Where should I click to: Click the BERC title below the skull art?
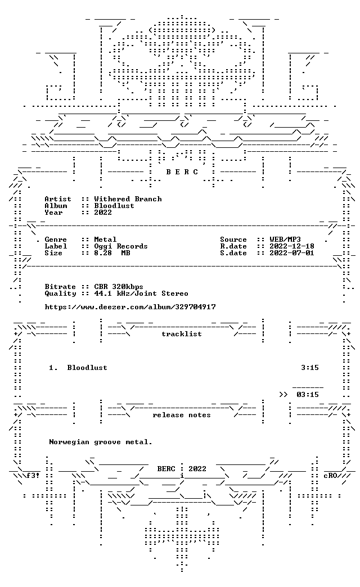coord(182,172)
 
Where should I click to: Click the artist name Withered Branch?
coord(128,199)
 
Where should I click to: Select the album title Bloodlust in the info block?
coord(114,206)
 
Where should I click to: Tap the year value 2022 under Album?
coord(103,213)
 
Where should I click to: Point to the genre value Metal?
coord(105,239)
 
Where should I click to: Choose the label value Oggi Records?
coord(120,246)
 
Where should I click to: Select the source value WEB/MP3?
coord(285,239)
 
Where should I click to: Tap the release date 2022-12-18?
coord(292,246)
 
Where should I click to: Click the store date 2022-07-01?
coord(292,252)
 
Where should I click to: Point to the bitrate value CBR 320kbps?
coord(118,287)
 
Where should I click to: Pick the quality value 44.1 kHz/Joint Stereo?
coord(141,293)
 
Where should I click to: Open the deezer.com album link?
coord(130,307)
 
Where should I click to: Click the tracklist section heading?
coord(182,334)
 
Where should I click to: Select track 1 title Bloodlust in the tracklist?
coord(87,368)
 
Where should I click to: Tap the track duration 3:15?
coord(310,368)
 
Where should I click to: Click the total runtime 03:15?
coord(308,395)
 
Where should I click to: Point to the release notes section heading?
coord(182,415)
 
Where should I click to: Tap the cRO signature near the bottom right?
coord(330,476)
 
